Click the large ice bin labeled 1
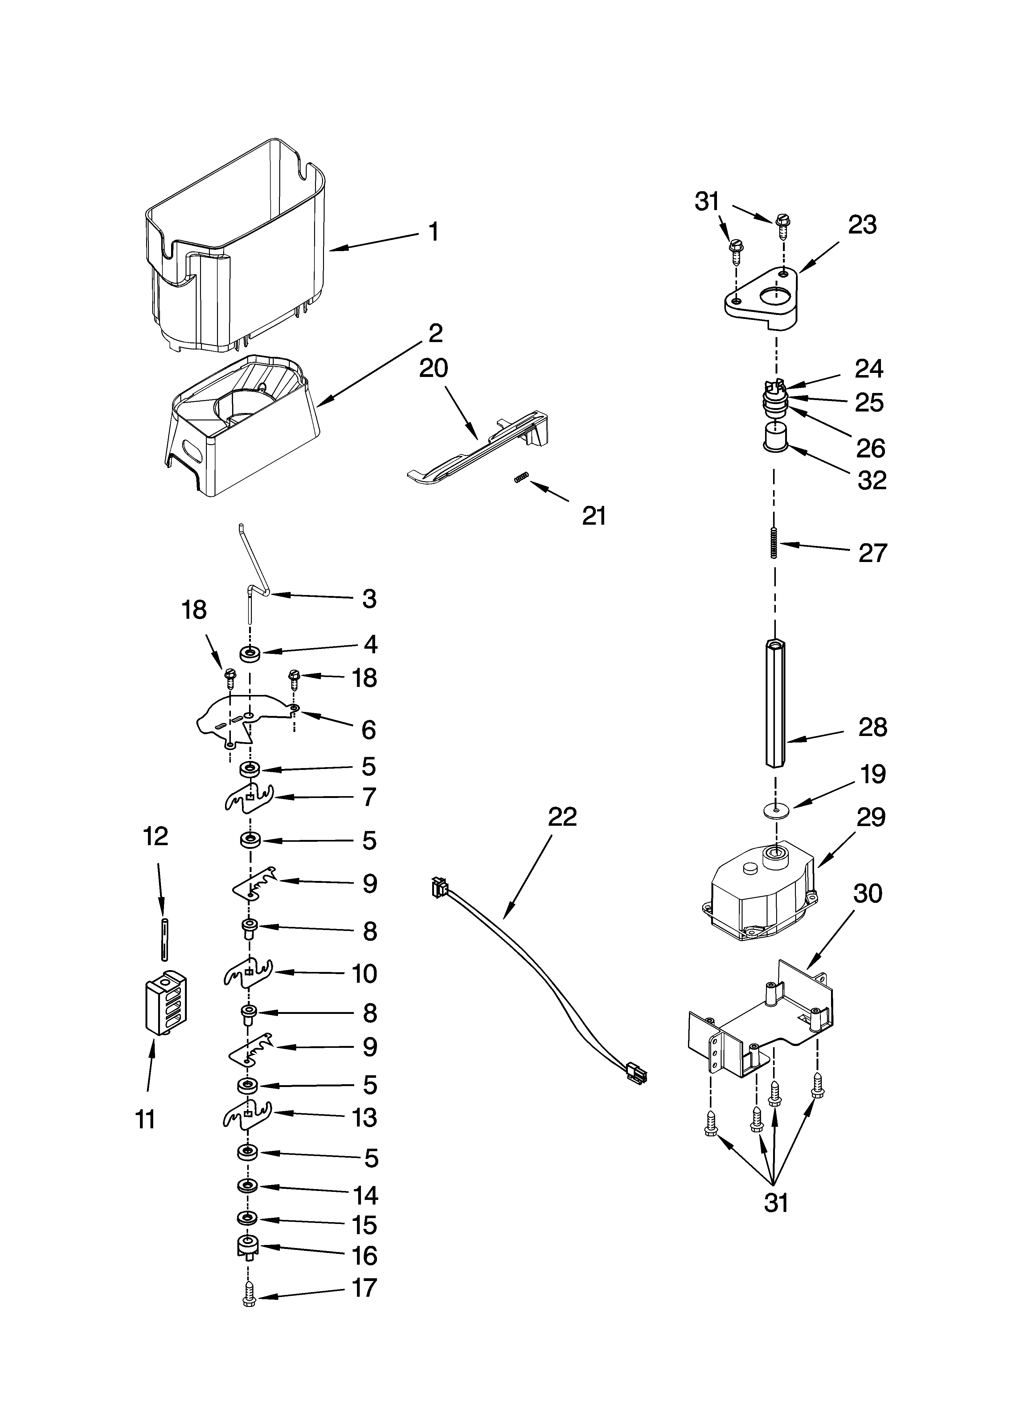[x=239, y=251]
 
